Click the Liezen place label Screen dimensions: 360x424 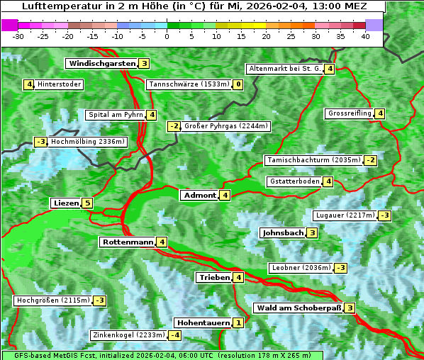[x=66, y=203]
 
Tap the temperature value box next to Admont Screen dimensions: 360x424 [x=225, y=196]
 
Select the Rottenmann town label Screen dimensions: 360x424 [x=128, y=242]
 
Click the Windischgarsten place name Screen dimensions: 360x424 [x=101, y=64]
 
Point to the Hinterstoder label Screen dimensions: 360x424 [x=60, y=85]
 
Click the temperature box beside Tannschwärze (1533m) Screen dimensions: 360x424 [x=238, y=85]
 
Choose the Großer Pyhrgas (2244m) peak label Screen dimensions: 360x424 [x=226, y=126]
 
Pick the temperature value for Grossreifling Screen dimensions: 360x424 [x=380, y=113]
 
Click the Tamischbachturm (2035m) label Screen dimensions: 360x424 [x=313, y=160]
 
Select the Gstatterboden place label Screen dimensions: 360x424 [x=294, y=181]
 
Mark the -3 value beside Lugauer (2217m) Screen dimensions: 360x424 [x=384, y=215]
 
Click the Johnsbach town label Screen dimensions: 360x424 [x=283, y=232]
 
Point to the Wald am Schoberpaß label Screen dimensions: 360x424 [x=299, y=308]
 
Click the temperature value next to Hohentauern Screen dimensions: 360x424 [x=238, y=323]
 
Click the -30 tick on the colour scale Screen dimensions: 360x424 [x=18, y=35]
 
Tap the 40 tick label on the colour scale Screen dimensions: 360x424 [x=365, y=35]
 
